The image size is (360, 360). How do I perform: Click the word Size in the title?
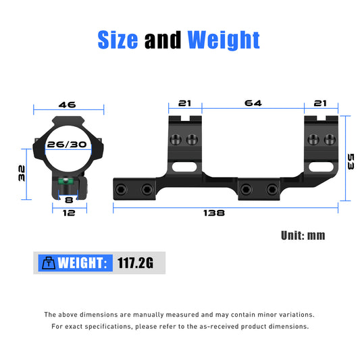118,40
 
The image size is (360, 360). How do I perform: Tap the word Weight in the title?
224,41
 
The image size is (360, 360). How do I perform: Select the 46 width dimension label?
67,105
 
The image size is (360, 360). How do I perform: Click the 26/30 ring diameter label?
67,145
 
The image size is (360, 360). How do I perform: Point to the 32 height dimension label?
22,173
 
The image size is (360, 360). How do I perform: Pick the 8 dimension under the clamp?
69,200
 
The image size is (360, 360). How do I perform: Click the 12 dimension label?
69,213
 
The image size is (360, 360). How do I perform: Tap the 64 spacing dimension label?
253,103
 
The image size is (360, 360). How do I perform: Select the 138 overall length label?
214,213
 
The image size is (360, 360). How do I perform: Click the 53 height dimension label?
351,161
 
